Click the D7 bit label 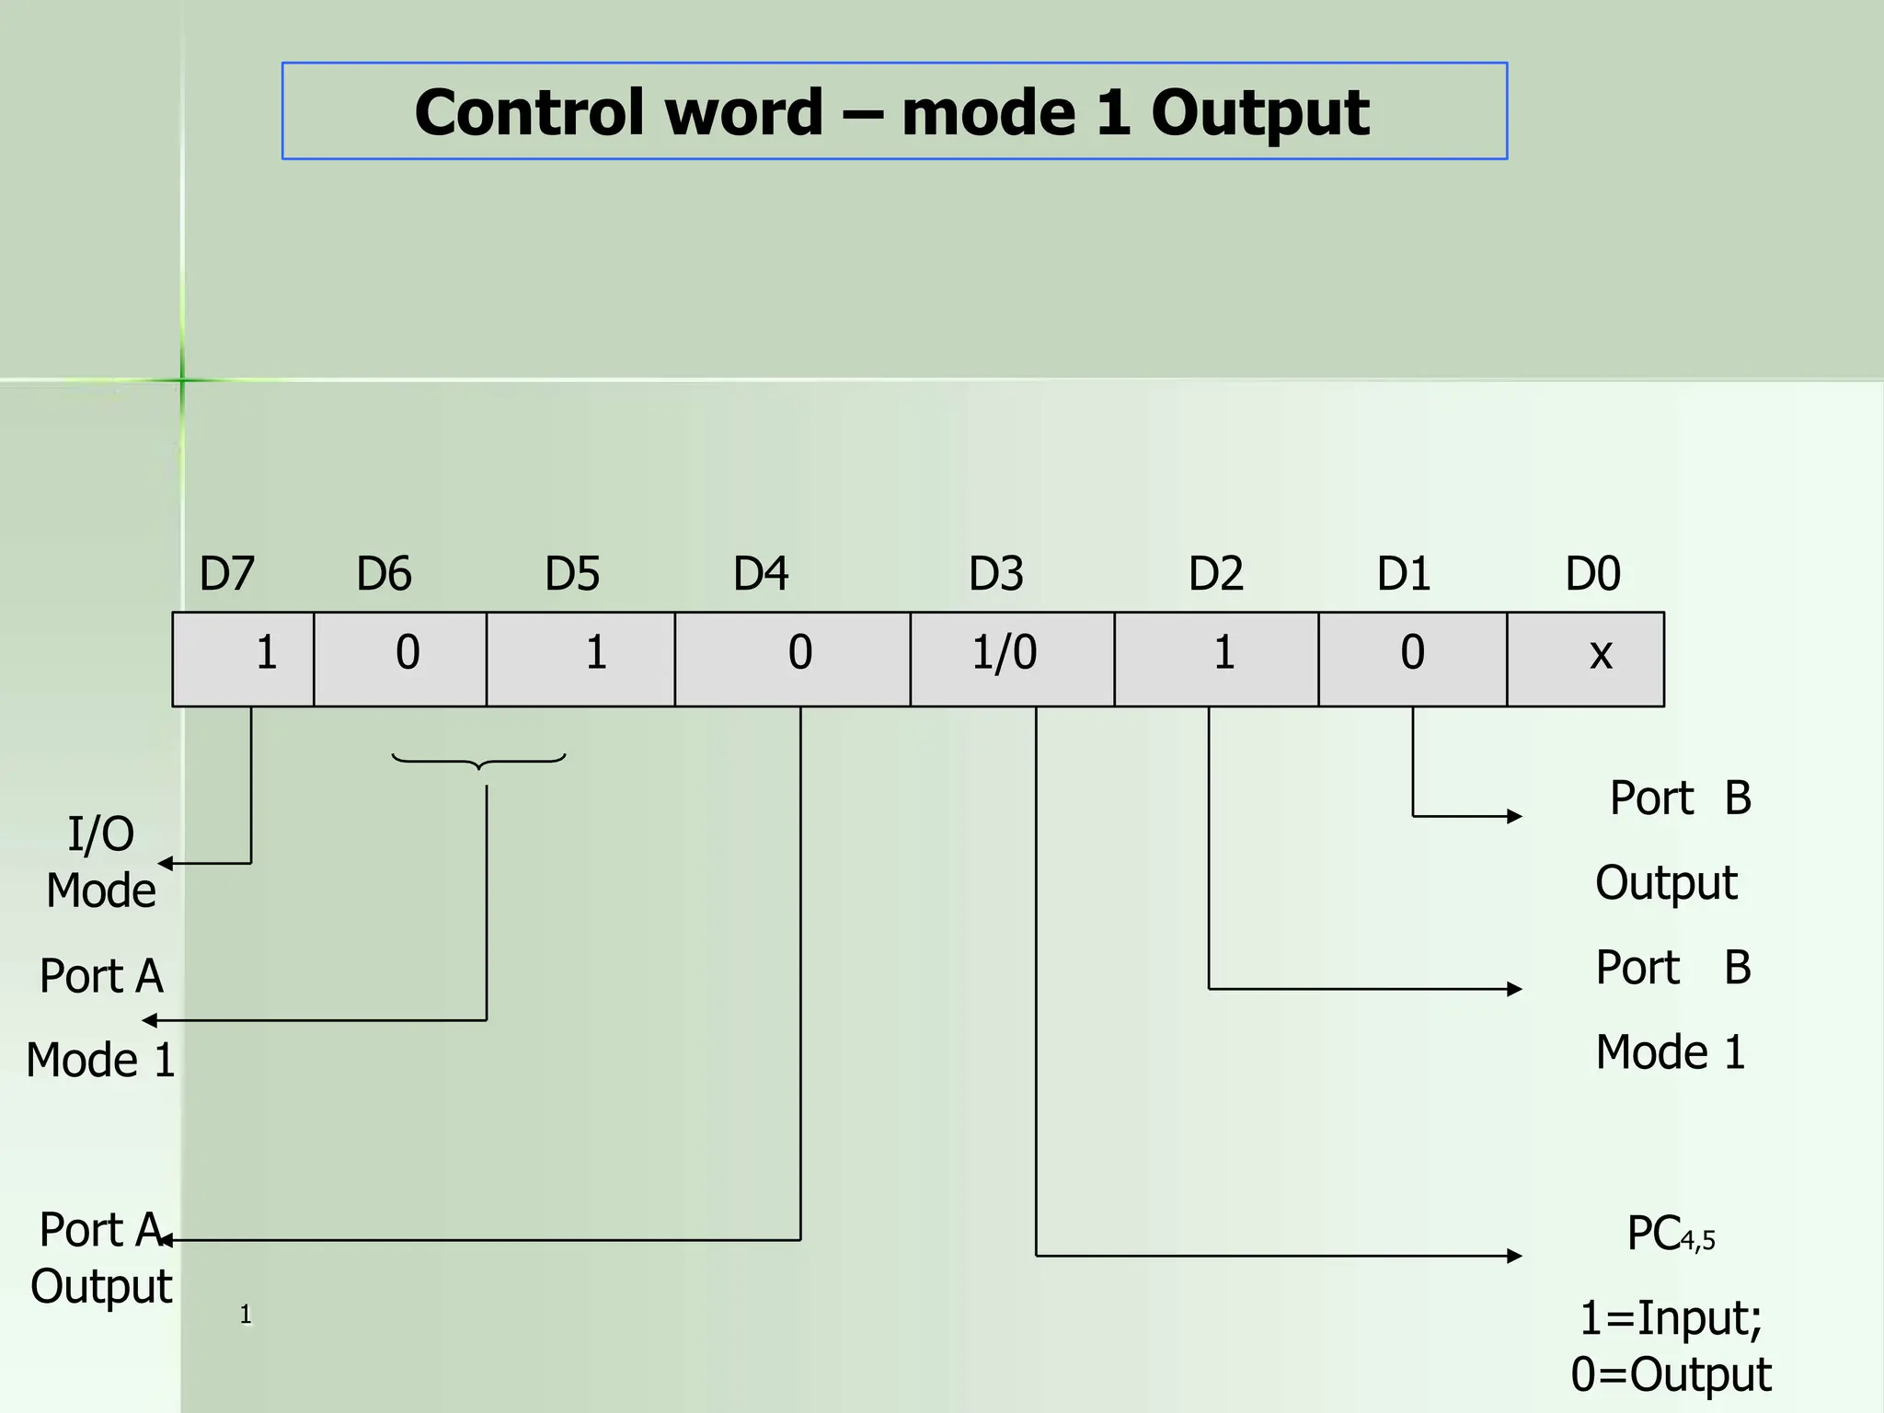point(226,574)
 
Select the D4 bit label point(760,574)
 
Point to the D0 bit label point(1592,574)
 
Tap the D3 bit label point(995,574)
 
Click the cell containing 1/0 point(1012,659)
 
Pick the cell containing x point(1585,659)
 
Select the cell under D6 point(400,659)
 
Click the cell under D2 point(1216,659)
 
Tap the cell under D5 point(580,659)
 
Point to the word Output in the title point(1259,112)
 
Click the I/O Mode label point(101,862)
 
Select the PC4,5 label point(1671,1235)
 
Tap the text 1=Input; point(1671,1317)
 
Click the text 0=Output point(1671,1374)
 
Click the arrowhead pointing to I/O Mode point(166,863)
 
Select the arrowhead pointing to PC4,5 point(1514,1255)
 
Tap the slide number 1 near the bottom point(245,1315)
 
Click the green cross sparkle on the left point(182,379)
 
